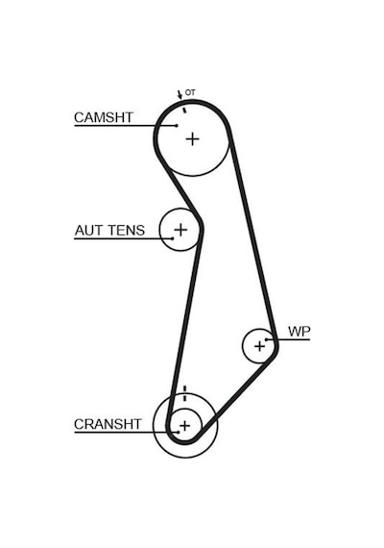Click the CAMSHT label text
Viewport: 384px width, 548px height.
click(104, 117)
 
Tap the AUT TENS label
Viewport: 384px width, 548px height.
click(109, 231)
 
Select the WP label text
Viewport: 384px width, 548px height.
click(300, 332)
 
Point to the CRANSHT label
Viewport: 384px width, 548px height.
click(108, 424)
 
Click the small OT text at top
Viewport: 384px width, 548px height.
click(190, 92)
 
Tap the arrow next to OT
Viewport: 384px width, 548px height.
click(180, 94)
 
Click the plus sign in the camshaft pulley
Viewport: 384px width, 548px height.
click(192, 139)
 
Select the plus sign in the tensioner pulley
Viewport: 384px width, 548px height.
click(180, 230)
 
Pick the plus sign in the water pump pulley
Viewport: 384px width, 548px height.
click(259, 346)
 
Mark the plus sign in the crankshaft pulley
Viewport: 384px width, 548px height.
click(184, 426)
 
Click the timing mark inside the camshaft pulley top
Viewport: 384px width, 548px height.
click(184, 111)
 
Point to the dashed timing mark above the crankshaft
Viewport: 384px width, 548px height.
click(184, 393)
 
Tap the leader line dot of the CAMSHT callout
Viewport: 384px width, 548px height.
click(177, 126)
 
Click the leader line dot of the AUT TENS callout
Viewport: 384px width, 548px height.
click(173, 238)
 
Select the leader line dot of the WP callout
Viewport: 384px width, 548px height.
click(266, 339)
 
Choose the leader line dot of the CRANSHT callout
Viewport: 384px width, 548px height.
click(178, 433)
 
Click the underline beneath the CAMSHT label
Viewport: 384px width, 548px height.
click(126, 126)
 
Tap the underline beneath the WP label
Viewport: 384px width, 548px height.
click(288, 339)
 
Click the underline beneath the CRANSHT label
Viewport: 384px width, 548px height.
click(126, 433)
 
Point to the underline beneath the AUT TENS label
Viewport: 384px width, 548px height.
click(123, 238)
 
